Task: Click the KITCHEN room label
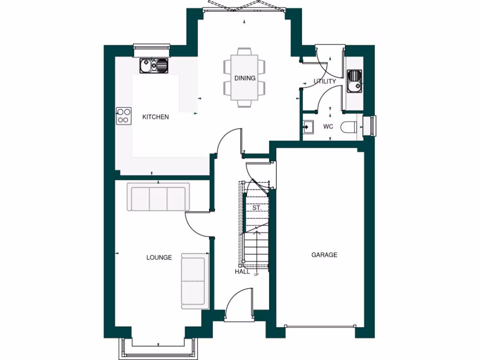[155, 117]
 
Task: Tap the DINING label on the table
[245, 78]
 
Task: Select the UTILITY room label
[325, 81]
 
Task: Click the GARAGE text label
[324, 255]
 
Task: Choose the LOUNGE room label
[159, 257]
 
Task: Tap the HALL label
[242, 271]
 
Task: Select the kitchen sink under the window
[154, 66]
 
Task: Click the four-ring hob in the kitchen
[123, 116]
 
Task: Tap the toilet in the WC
[349, 127]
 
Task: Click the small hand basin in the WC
[308, 127]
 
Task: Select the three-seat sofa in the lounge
[158, 199]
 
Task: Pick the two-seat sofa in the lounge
[194, 281]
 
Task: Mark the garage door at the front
[321, 326]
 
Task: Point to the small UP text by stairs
[256, 275]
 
